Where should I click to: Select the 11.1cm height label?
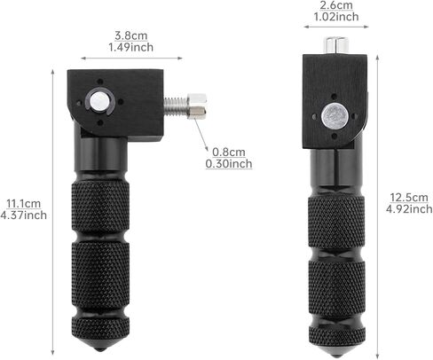coord(22,203)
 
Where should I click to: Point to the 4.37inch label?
coord(24,215)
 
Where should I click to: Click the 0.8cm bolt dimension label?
coord(227,152)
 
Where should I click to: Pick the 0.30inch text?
coord(228,163)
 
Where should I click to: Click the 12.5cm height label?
coord(408,198)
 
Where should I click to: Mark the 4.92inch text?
coord(409,209)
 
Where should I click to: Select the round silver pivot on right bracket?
coord(335,114)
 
